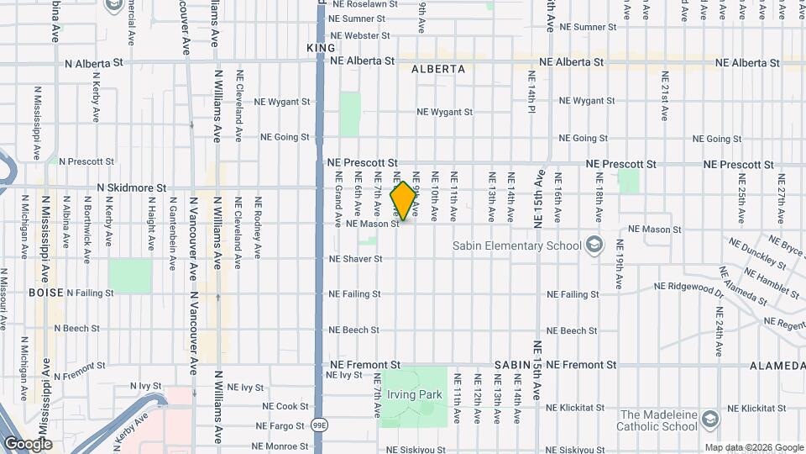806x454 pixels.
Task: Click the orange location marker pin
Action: coord(404,201)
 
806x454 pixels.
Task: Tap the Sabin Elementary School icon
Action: coord(594,245)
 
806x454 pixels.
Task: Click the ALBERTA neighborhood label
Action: coord(438,70)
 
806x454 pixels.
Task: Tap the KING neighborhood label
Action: coord(321,49)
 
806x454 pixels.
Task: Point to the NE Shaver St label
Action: coord(356,259)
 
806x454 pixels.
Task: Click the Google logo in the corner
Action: coord(28,444)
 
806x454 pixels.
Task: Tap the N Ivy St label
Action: coord(150,386)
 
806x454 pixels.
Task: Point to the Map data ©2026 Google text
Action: coord(753,447)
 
